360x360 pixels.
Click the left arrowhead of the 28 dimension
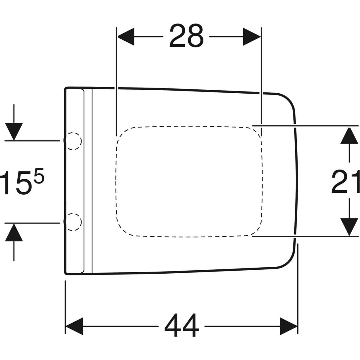(126, 37)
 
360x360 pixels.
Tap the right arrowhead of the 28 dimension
(252, 37)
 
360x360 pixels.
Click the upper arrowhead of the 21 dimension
(349, 135)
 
